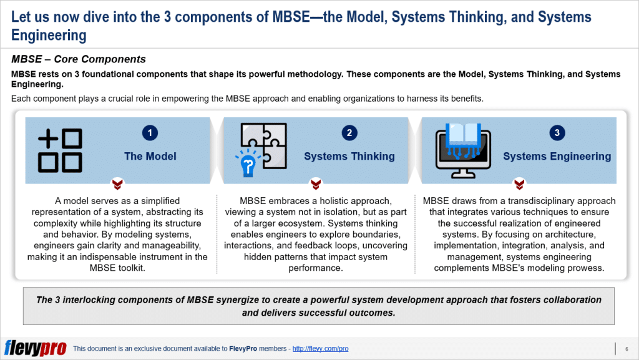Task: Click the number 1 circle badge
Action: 150,132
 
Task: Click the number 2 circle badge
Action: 349,132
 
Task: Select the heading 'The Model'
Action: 150,156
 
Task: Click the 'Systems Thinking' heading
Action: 349,156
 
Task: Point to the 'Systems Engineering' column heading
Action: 557,156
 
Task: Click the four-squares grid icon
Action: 60,150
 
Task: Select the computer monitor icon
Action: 462,150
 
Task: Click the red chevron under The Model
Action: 117,184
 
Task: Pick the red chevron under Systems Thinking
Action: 316,184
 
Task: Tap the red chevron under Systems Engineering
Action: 519,184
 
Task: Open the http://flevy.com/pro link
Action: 320,349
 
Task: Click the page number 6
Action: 626,349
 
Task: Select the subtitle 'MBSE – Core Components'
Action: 79,60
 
